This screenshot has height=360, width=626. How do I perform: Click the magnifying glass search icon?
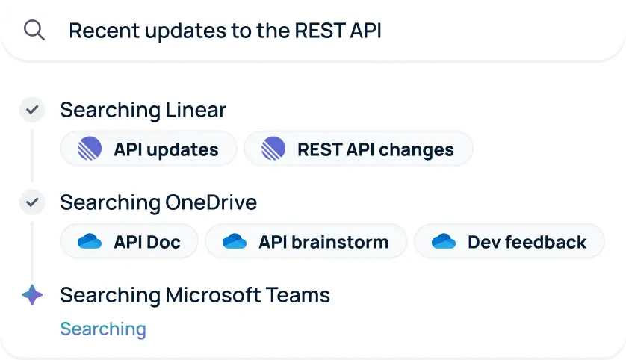34,30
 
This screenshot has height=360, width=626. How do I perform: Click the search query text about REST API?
225,31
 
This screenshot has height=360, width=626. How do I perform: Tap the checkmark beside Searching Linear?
32,111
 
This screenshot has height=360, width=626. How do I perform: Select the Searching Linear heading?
143,111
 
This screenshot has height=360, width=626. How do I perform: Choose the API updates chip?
149,149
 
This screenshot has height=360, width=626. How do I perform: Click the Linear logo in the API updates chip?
90,149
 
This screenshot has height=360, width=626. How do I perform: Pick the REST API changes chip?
359,149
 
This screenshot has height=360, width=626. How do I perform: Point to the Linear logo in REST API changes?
273,149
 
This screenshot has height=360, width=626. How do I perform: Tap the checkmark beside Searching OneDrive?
32,202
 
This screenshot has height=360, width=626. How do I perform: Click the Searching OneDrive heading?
158,202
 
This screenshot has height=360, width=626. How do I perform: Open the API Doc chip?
129,241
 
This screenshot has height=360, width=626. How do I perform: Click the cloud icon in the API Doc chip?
89,241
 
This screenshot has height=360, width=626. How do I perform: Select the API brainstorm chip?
306,241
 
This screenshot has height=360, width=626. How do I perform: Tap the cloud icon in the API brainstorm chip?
234,241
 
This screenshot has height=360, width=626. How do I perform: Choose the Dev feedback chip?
509,241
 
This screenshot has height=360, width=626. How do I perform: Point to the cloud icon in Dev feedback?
444,241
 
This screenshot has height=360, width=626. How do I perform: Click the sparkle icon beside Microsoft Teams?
32,295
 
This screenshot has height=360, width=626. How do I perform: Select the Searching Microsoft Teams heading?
194,295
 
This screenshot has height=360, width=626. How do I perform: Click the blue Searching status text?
103,329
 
